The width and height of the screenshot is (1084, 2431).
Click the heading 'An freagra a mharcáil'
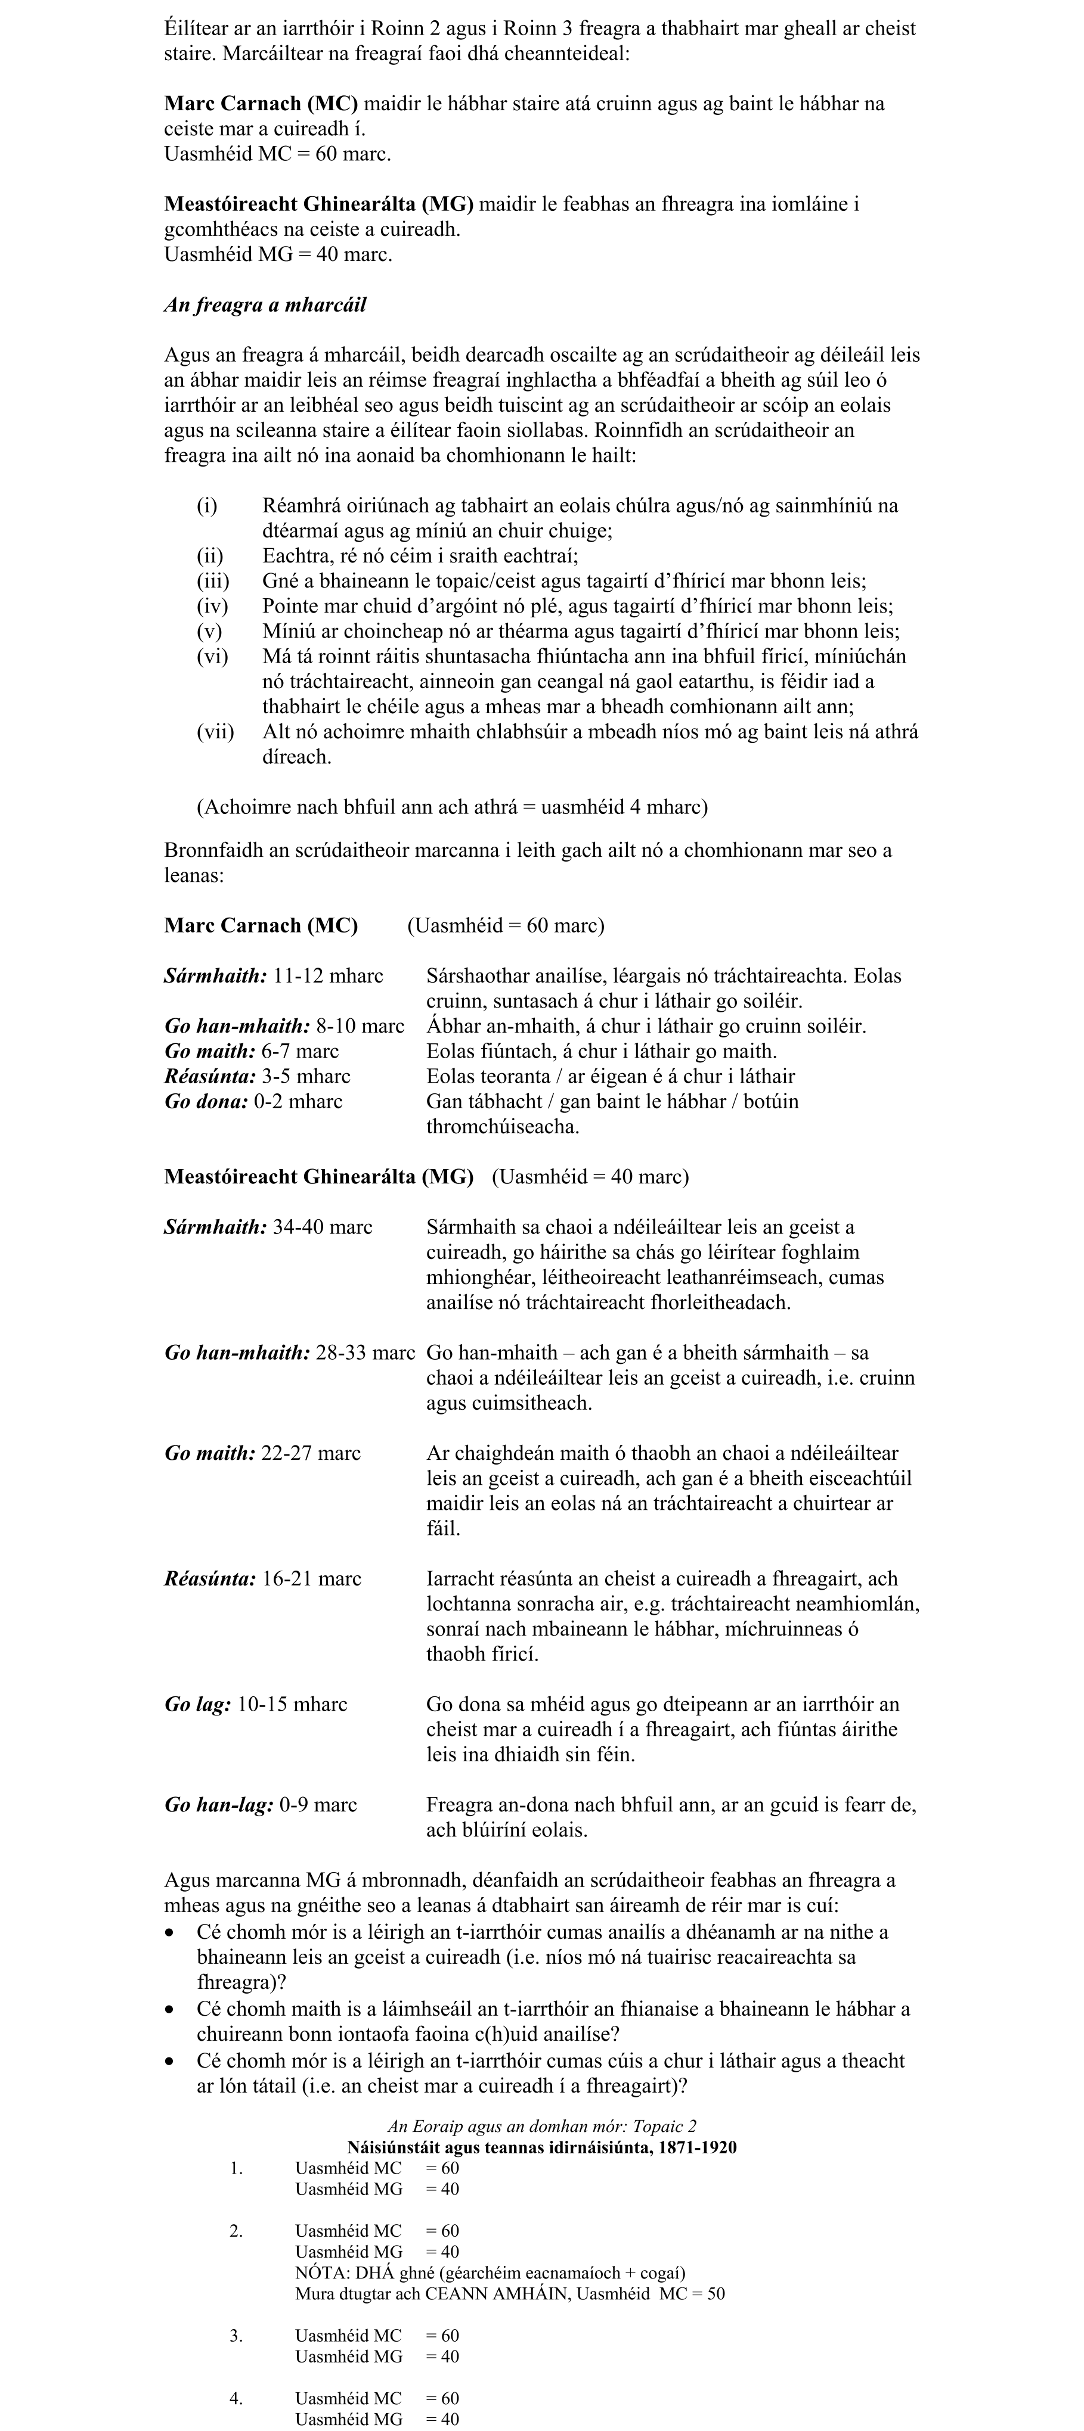265,305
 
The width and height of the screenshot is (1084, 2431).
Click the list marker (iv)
212,606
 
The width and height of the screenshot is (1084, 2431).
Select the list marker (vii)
215,731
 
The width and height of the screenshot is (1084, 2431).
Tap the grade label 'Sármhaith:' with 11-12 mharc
215,976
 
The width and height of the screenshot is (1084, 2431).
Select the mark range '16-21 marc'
312,1579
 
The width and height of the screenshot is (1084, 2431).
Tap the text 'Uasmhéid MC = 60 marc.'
278,154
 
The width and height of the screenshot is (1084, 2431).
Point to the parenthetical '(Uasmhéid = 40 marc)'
590,1177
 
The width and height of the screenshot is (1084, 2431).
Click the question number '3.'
236,2336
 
